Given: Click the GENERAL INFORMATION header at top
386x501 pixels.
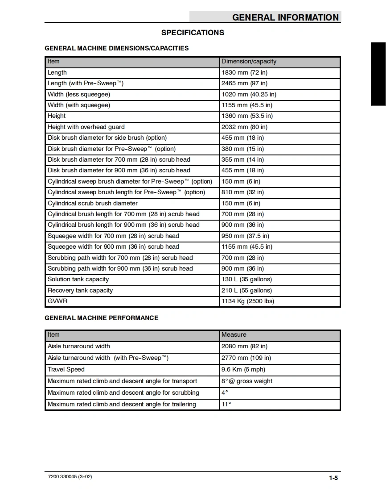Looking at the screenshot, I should [x=285, y=17].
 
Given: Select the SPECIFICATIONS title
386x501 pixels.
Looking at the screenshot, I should [x=193, y=33].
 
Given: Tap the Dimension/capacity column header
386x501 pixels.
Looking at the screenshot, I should [x=249, y=62].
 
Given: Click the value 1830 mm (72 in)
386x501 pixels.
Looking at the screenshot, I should [x=244, y=72].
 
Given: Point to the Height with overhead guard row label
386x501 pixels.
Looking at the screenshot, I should [x=86, y=127].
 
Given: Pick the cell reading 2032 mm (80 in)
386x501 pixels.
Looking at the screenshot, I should [x=244, y=127].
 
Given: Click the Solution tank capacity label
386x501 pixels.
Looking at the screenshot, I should [x=78, y=280].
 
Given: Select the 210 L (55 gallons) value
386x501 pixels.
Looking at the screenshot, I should [x=246, y=290].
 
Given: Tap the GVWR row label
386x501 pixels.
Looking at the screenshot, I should [x=57, y=301].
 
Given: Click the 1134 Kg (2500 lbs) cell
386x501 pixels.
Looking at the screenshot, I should [x=248, y=301].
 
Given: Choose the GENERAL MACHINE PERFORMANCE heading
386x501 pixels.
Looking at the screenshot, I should [x=101, y=318].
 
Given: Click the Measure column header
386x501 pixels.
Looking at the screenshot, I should [x=234, y=334].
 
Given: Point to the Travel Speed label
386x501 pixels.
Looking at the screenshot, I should [x=66, y=369].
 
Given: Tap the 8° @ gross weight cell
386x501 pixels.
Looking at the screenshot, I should [x=247, y=381].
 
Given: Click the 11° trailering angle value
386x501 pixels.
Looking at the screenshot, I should [x=226, y=404].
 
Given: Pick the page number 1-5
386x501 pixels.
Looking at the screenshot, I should [x=333, y=478].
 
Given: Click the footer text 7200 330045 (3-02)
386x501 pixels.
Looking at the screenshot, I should [x=70, y=476].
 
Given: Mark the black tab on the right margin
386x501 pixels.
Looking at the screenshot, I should [x=378, y=74].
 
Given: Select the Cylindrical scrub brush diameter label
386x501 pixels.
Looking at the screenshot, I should [x=93, y=203].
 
